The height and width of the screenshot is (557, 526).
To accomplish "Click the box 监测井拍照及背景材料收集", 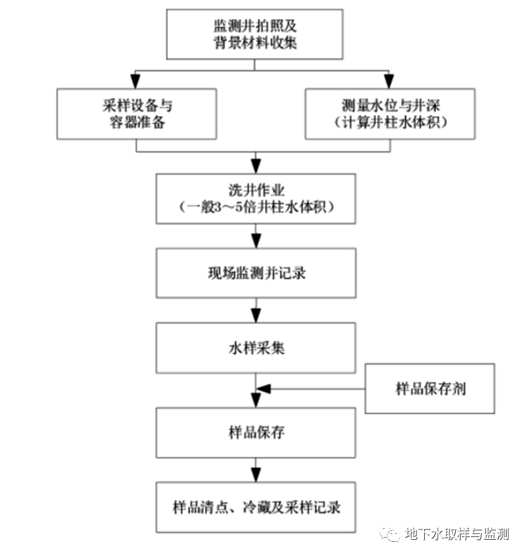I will tap(255, 34).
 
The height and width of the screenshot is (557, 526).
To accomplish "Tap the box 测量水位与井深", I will tap(390, 113).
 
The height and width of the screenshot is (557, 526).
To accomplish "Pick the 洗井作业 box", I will tap(256, 198).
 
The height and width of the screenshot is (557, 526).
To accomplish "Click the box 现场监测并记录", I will tap(256, 273).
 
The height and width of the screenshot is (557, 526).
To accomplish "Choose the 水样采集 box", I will tap(256, 348).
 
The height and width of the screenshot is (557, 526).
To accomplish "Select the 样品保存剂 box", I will tap(430, 389).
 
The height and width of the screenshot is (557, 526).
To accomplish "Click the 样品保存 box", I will tap(256, 433).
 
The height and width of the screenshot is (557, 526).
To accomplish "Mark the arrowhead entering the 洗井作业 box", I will tap(256, 166).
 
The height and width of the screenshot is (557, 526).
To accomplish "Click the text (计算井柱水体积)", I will tap(390, 123).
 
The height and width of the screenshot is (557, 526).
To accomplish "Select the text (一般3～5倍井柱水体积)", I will tap(256, 207).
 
